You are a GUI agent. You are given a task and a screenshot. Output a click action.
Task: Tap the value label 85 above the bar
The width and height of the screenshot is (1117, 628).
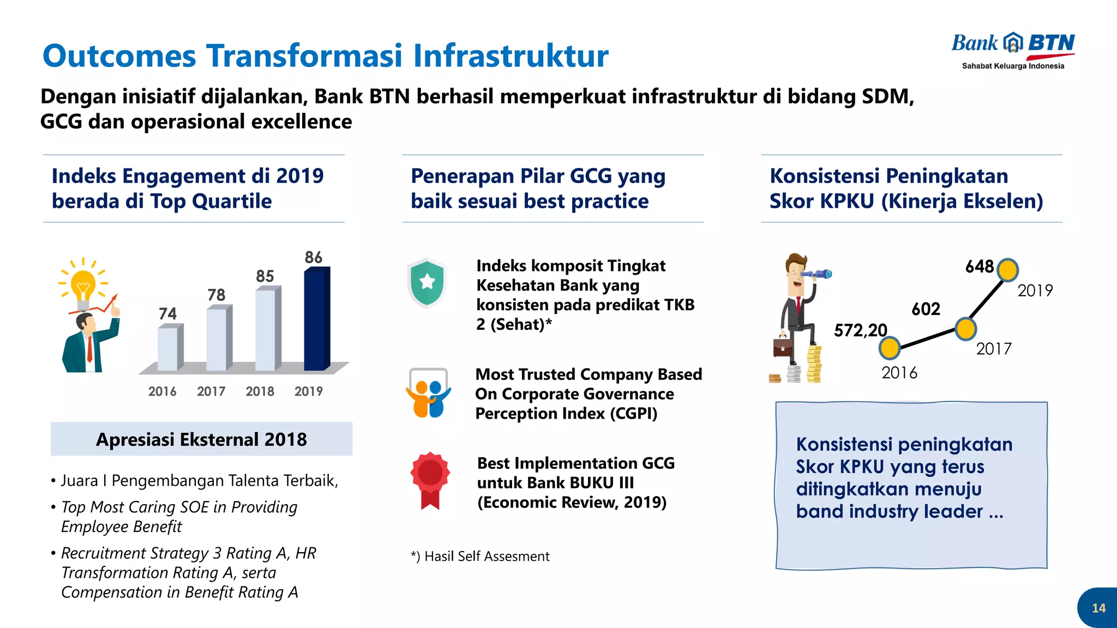(x=265, y=276)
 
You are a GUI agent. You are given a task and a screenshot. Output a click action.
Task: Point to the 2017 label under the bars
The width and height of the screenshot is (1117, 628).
(x=211, y=391)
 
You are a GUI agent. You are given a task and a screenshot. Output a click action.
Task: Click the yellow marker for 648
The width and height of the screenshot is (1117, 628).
(x=1007, y=270)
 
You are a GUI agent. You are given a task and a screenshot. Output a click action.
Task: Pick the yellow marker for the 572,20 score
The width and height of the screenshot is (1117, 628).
(x=890, y=348)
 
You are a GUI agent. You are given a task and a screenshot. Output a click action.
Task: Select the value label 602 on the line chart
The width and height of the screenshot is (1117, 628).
(x=926, y=309)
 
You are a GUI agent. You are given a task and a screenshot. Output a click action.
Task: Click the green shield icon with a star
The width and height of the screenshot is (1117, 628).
(x=427, y=282)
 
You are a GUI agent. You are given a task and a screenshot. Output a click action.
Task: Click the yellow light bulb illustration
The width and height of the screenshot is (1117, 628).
(x=83, y=285)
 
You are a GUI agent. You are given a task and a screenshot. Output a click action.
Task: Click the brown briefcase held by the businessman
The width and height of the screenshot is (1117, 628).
(x=783, y=347)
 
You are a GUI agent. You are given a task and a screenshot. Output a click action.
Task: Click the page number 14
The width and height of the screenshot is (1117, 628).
(x=1098, y=608)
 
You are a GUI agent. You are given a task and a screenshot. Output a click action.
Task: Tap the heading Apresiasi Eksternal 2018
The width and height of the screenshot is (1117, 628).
(x=201, y=439)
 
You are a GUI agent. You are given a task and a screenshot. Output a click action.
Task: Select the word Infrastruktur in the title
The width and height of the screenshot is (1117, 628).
(x=511, y=56)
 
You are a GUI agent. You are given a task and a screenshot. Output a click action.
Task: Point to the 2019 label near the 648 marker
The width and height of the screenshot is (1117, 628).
(x=1035, y=291)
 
